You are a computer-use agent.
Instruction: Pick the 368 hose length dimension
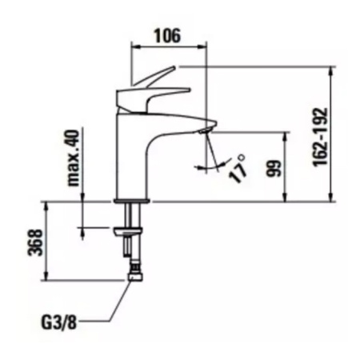click(31, 239)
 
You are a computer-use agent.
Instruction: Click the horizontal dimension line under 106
click(169, 46)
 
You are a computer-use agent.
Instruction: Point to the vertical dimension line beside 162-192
click(330, 136)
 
